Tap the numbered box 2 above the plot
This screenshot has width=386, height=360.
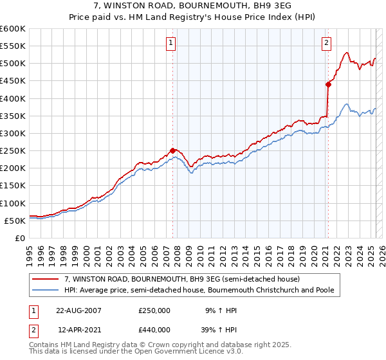(327, 43)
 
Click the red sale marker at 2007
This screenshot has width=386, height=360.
(172, 150)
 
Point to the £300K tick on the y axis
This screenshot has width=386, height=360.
(14, 133)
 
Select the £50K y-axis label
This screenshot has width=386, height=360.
(16, 221)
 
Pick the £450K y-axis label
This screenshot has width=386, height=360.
(14, 81)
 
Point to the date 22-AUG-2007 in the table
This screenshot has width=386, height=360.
(79, 310)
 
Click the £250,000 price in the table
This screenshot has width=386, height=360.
(154, 310)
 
